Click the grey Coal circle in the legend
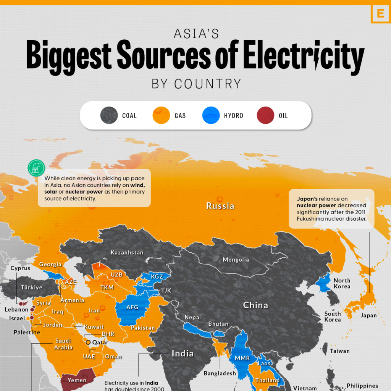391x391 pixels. pyautogui.click(x=109, y=115)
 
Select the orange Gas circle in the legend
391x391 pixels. pyautogui.click(x=161, y=115)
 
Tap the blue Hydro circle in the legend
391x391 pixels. pyautogui.click(x=211, y=115)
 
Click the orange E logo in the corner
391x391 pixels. pyautogui.click(x=380, y=14)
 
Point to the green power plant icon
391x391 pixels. pyautogui.click(x=36, y=168)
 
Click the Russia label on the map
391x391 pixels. pyautogui.click(x=220, y=206)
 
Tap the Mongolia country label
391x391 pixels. pyautogui.click(x=236, y=260)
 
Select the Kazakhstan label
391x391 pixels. pyautogui.click(x=127, y=253)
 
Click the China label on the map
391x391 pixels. pyautogui.click(x=256, y=305)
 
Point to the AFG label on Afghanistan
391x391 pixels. pyautogui.click(x=132, y=307)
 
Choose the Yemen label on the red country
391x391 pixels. pyautogui.click(x=77, y=380)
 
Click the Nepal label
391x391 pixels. pyautogui.click(x=192, y=317)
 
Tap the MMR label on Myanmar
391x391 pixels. pyautogui.click(x=242, y=359)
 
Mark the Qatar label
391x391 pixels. pyautogui.click(x=100, y=343)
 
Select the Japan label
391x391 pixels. pyautogui.click(x=368, y=315)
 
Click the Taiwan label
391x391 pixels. pyautogui.click(x=340, y=351)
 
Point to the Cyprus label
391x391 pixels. pyautogui.click(x=20, y=268)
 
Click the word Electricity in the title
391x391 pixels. pyautogui.click(x=303, y=56)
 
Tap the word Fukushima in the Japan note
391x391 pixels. pyautogui.click(x=313, y=219)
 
